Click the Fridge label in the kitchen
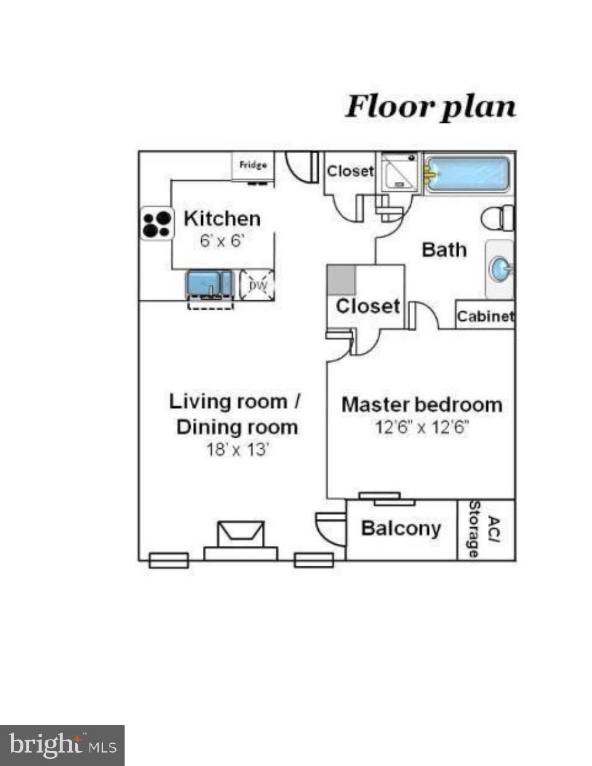pyautogui.click(x=253, y=164)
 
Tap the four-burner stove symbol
pyautogui.click(x=157, y=224)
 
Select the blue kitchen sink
pyautogui.click(x=209, y=284)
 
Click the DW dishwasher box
pyautogui.click(x=257, y=285)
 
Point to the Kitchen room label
pyautogui.click(x=222, y=218)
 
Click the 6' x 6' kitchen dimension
pyautogui.click(x=222, y=241)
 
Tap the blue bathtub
pyautogui.click(x=467, y=174)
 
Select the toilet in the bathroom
pyautogui.click(x=497, y=218)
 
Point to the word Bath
pyautogui.click(x=445, y=250)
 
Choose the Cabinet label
pyautogui.click(x=486, y=316)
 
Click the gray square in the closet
pyautogui.click(x=341, y=281)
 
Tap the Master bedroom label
pyautogui.click(x=422, y=405)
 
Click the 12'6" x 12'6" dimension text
pyautogui.click(x=422, y=428)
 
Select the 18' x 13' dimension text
pyautogui.click(x=238, y=450)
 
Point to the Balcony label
pyautogui.click(x=401, y=528)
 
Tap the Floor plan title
pyautogui.click(x=431, y=107)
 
